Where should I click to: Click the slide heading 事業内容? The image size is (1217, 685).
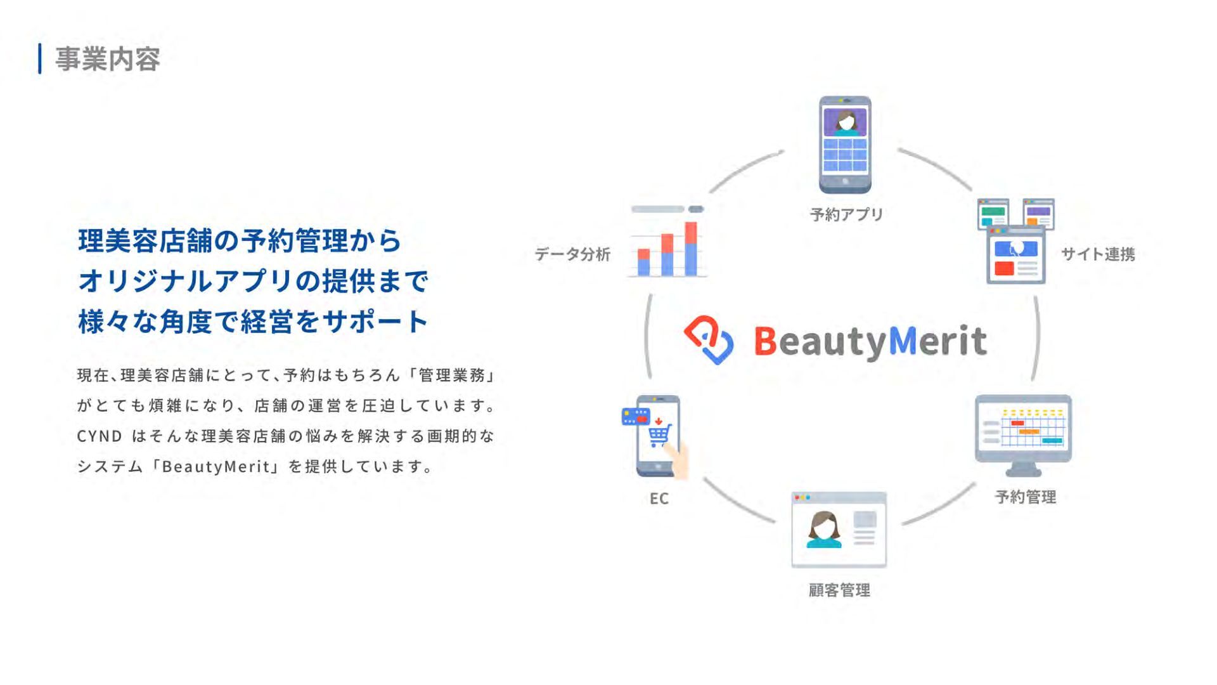pyautogui.click(x=107, y=59)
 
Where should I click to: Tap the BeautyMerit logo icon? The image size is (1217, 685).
pyautogui.click(x=709, y=339)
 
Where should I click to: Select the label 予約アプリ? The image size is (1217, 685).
pyautogui.click(x=846, y=214)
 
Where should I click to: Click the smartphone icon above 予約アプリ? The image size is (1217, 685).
pyautogui.click(x=845, y=145)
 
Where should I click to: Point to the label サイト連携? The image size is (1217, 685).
pyautogui.click(x=1098, y=254)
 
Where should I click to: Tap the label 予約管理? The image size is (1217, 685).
pyautogui.click(x=1025, y=497)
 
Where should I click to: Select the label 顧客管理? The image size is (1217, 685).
pyautogui.click(x=839, y=590)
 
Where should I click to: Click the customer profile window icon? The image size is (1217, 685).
pyautogui.click(x=839, y=530)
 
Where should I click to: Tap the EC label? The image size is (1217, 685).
pyautogui.click(x=659, y=499)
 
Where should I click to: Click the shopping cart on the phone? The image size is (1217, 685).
pyautogui.click(x=659, y=434)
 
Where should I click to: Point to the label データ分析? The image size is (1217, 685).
pyautogui.click(x=572, y=254)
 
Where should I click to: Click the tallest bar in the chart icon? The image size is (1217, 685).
pyautogui.click(x=691, y=249)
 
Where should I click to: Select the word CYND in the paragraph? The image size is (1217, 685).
pyautogui.click(x=100, y=436)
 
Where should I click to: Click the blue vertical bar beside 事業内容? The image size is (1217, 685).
pyautogui.click(x=40, y=59)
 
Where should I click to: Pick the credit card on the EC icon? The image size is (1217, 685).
pyautogui.click(x=636, y=416)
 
